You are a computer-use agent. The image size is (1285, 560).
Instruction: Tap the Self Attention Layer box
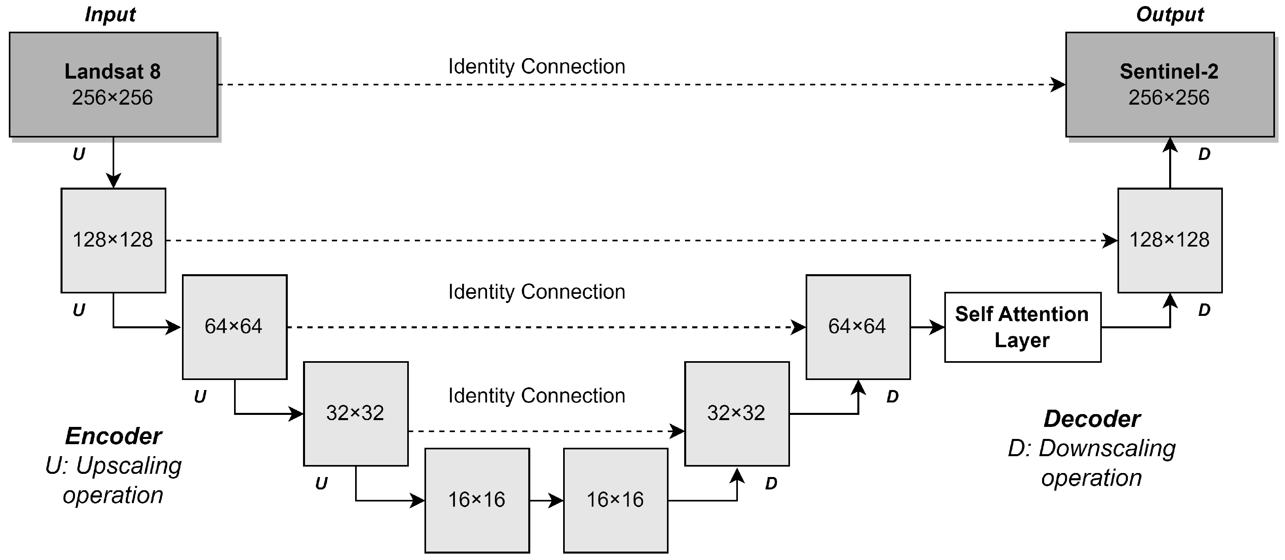click(x=1022, y=327)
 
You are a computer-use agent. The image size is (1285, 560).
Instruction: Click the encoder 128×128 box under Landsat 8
click(x=113, y=240)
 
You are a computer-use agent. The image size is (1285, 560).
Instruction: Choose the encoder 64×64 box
click(x=234, y=327)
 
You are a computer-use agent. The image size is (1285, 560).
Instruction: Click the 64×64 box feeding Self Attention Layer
click(x=857, y=327)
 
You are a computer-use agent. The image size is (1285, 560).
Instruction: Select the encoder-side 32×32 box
click(x=356, y=413)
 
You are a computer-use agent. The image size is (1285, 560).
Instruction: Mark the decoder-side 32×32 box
click(x=736, y=413)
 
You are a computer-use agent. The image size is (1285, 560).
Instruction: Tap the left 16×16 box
click(x=477, y=500)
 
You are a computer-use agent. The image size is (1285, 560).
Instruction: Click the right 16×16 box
click(x=615, y=500)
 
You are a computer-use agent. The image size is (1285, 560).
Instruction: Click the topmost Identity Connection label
click(x=536, y=67)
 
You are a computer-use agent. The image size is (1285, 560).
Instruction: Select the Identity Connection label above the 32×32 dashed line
click(x=536, y=396)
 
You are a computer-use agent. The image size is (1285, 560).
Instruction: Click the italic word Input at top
click(x=110, y=14)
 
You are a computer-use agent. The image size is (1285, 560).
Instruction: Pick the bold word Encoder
click(x=113, y=436)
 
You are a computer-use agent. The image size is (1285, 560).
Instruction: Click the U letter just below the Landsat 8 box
click(x=79, y=154)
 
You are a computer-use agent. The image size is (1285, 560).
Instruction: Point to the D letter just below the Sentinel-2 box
click(x=1204, y=154)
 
